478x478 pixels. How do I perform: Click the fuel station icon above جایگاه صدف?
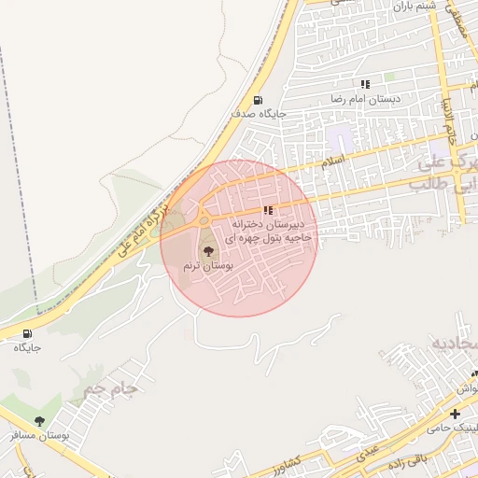258,101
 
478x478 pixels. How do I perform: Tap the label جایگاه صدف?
260,114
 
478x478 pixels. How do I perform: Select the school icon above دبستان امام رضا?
364,84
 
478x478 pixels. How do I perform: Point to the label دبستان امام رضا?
365,98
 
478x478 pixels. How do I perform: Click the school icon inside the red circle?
269,211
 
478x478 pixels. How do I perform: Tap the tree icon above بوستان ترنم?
207,252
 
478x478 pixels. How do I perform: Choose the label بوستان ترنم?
207,266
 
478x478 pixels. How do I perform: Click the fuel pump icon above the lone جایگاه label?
26,333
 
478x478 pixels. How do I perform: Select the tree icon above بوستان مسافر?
39,422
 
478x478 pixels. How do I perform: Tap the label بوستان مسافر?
40,436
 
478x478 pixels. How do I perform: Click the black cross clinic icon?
455,414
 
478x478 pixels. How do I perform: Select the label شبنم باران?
414,6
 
